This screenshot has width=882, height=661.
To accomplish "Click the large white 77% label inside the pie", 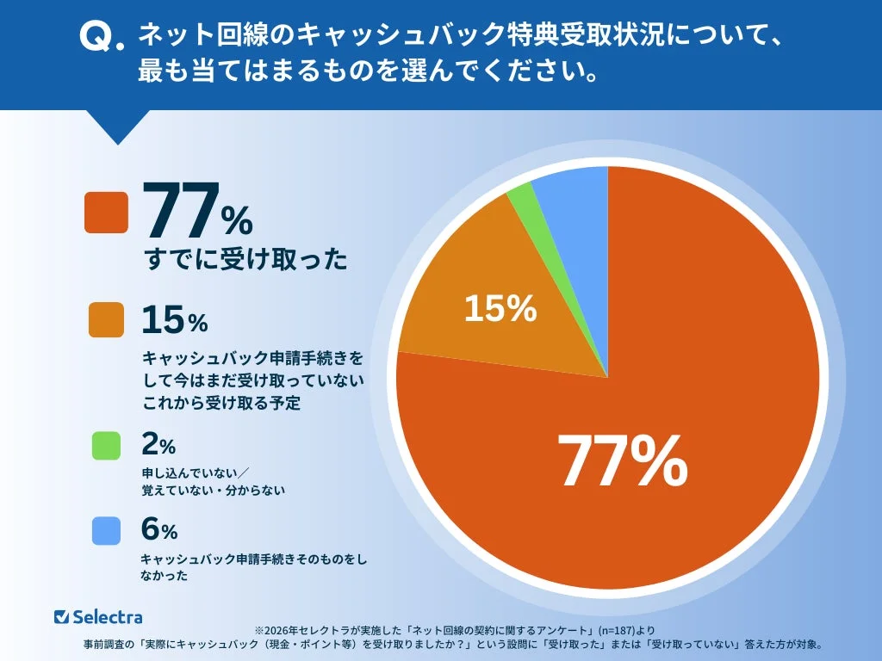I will coord(622,460).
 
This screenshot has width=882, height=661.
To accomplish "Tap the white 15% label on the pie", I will coord(500,308).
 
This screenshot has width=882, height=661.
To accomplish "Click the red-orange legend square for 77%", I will coord(106,212).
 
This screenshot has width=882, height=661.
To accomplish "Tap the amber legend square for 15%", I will coord(106,319).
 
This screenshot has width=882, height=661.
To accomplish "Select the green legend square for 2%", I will coord(106,444).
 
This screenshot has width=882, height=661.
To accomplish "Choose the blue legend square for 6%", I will coord(106,530).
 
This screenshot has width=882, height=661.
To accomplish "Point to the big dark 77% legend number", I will coord(197,212).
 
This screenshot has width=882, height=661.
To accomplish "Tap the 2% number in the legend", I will coord(158,445).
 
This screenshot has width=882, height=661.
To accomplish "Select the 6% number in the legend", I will coord(158,531).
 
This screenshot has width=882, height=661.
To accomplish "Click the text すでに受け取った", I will coord(245,259).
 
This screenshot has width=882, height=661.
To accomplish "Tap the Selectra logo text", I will coord(108,616).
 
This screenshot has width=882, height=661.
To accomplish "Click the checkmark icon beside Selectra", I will coord(61,616).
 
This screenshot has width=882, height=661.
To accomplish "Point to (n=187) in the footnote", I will coord(609,630).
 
